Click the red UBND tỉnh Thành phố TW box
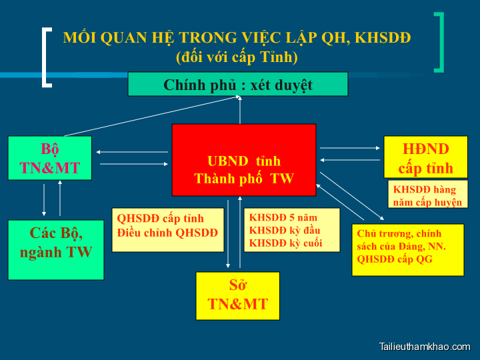tap(244, 160)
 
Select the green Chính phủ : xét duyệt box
tap(238, 85)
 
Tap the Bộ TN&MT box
tap(50, 158)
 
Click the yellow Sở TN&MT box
tap(237, 295)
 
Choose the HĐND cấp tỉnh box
tap(425, 157)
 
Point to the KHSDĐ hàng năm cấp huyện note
tap(427, 195)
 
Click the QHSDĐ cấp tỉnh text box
tap(167, 229)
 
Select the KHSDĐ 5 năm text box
tap(292, 229)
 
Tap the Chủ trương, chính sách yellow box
tap(407, 249)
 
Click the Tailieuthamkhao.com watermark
tap(424, 347)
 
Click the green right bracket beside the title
tap(439, 42)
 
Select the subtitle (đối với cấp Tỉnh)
tap(237, 57)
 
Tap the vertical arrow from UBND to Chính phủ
tap(239, 110)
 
